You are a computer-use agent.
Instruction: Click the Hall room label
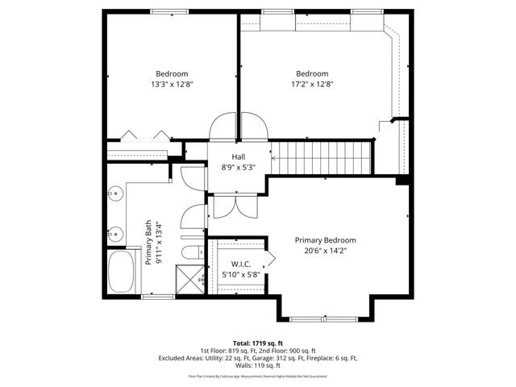click(239, 156)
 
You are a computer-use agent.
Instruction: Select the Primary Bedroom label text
click(325, 240)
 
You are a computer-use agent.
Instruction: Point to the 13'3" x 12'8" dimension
click(172, 84)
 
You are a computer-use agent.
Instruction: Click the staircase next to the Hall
click(319, 156)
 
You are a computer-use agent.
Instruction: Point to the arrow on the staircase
click(275, 157)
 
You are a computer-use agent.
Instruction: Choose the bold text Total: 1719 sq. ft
click(258, 343)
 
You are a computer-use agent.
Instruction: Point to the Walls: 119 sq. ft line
click(258, 364)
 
